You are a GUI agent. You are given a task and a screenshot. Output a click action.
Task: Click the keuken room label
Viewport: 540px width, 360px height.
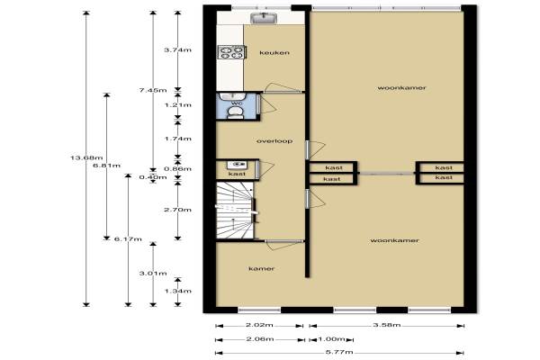(274, 53)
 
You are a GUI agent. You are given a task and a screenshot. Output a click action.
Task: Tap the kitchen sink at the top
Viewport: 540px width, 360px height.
(264, 18)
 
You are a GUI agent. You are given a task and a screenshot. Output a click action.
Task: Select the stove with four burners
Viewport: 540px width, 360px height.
(231, 52)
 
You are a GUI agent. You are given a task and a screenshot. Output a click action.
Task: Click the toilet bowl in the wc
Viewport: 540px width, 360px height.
(236, 112)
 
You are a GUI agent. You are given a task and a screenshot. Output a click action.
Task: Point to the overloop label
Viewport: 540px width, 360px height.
(274, 141)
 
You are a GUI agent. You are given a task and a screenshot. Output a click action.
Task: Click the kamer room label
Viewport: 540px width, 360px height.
(262, 269)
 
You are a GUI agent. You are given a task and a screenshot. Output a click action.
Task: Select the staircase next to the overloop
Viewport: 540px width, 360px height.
(235, 210)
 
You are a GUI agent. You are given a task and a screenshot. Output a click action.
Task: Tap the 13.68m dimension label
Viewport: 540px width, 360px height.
(86, 158)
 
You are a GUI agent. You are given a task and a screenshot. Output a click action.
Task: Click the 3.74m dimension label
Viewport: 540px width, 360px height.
(177, 50)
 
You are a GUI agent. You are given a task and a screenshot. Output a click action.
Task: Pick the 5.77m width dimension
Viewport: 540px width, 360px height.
(339, 352)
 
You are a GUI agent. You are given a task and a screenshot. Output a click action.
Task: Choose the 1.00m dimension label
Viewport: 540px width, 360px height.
(331, 339)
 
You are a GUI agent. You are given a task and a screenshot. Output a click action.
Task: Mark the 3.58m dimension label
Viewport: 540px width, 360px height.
(387, 325)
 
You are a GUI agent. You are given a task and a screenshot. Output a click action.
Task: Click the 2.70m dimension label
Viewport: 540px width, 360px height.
(177, 210)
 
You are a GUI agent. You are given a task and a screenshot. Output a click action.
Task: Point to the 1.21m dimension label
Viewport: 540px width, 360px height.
(177, 105)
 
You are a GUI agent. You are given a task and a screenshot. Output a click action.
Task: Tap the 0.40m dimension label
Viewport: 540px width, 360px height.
(153, 177)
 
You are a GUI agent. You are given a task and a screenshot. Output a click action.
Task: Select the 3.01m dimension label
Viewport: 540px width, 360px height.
(153, 274)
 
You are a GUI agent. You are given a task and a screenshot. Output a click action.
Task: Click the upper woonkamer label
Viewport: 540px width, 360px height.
(402, 88)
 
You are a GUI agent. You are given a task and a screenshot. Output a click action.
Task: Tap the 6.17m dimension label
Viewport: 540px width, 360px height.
(128, 239)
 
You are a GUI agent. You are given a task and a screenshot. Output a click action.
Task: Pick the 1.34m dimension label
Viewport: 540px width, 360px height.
(177, 291)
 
